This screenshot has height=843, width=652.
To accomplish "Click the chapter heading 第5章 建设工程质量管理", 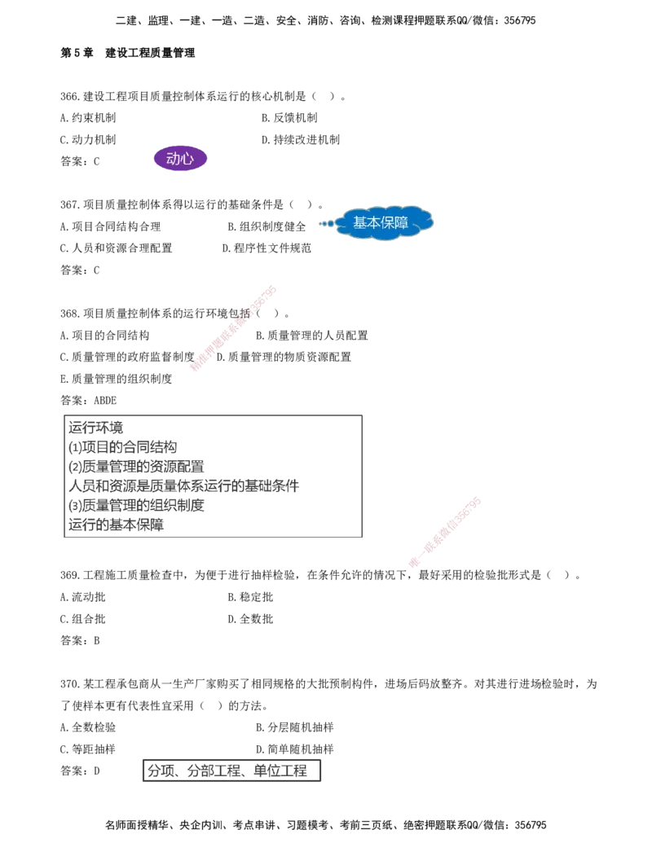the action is (x=127, y=53).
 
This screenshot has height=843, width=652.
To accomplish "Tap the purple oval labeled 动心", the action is (x=180, y=159).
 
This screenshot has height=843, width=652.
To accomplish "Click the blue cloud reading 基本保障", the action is (x=383, y=222).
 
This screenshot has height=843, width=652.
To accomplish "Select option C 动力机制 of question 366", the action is (x=88, y=140).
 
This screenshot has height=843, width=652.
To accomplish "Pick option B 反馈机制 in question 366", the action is (x=289, y=118).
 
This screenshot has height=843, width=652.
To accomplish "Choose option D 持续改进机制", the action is (x=301, y=140).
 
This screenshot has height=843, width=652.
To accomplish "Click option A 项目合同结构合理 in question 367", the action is (x=110, y=226).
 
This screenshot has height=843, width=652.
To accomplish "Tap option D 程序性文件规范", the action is (x=267, y=248).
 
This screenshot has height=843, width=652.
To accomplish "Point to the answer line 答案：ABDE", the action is (x=88, y=401).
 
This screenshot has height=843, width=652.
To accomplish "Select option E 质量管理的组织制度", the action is (x=117, y=379).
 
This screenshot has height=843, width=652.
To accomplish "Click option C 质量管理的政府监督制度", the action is (x=127, y=357).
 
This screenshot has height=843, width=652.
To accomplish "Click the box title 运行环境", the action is (x=95, y=428).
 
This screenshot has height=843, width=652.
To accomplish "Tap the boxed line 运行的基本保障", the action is (x=117, y=525).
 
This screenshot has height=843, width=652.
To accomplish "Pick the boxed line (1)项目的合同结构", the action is (x=122, y=447).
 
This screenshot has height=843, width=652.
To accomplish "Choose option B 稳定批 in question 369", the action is (x=250, y=597).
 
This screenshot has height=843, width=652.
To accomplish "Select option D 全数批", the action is (x=250, y=619).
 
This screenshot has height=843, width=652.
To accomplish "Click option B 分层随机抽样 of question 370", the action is (x=295, y=727).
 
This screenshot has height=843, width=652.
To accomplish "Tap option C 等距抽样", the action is (x=88, y=749).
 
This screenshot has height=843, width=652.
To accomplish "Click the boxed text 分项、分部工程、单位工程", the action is (x=227, y=771).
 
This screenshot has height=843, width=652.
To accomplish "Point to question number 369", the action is (x=70, y=575).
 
